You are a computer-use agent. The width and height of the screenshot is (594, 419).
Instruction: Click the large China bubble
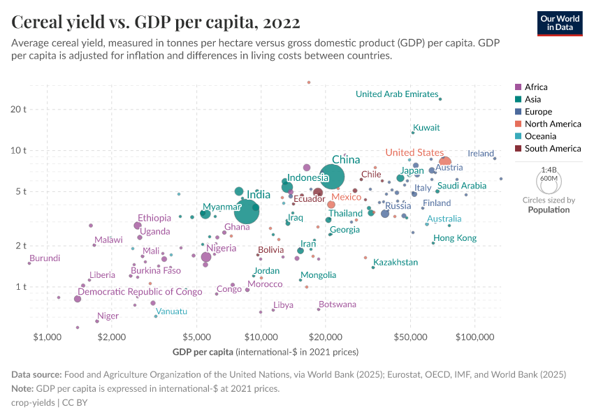(x=332, y=178)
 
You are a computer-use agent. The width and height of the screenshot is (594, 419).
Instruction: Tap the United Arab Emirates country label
(x=396, y=94)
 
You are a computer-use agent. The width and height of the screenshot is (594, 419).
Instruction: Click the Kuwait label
(x=426, y=128)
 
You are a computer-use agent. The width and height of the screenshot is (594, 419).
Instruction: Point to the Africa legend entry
(x=536, y=87)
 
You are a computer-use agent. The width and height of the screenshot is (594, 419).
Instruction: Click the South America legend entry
(x=552, y=148)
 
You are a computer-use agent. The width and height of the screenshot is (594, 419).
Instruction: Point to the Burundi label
(x=44, y=258)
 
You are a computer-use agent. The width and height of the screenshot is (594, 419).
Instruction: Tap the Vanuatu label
(x=171, y=311)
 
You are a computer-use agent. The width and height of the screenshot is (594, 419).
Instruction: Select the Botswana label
(x=337, y=304)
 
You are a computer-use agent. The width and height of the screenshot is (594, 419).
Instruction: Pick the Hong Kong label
(x=454, y=238)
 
